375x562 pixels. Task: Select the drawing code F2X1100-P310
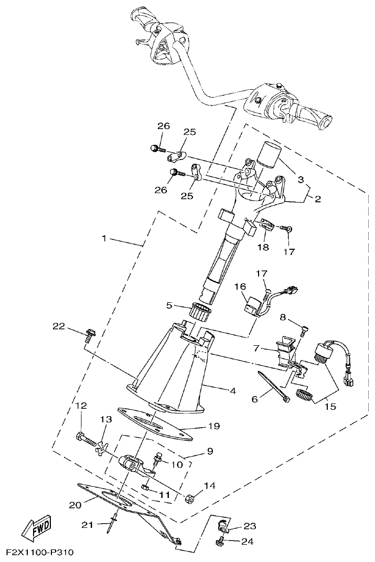pos(40,553)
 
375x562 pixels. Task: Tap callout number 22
pos(59,326)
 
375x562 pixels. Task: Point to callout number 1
pos(104,238)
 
